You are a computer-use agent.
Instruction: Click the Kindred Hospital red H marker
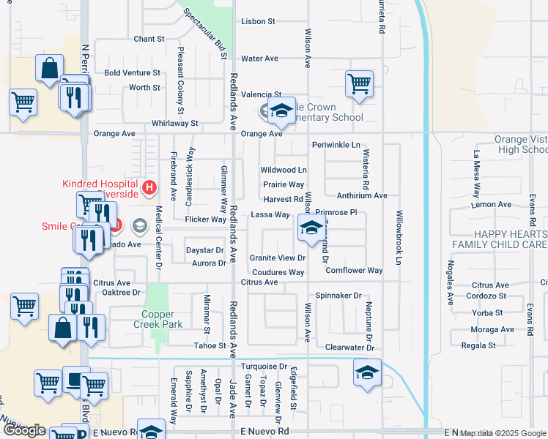[149, 189]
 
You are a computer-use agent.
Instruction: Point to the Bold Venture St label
[132, 73]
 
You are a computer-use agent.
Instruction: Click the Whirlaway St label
[174, 124]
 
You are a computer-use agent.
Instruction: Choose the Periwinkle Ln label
[336, 145]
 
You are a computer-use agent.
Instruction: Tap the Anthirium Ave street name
[361, 196]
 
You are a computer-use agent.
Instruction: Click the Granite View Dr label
[277, 258]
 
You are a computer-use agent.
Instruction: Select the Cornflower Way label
[354, 271]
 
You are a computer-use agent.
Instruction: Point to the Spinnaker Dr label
[338, 296]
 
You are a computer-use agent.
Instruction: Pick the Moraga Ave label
[493, 329]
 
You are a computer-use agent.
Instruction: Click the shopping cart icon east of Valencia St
[359, 83]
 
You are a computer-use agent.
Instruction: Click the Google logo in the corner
[25, 430]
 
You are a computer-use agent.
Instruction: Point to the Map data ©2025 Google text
[502, 434]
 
